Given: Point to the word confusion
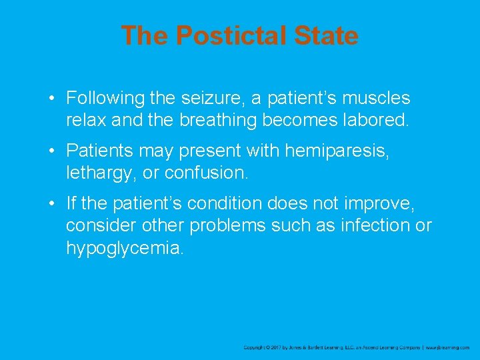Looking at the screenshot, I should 205,174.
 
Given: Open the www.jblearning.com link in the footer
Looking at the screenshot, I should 447,347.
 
